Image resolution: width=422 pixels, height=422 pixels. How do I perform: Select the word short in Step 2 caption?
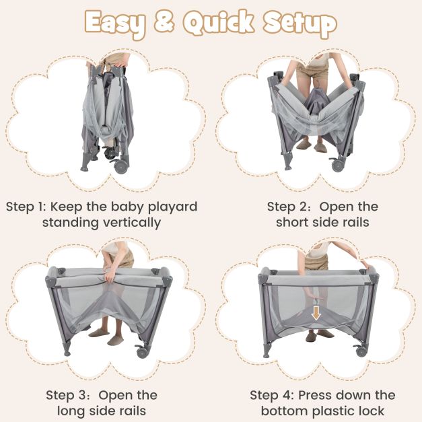click(x=293, y=222)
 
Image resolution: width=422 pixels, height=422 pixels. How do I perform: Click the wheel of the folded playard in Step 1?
click(x=120, y=166)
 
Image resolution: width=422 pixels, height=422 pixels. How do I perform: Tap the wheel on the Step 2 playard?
click(x=338, y=164)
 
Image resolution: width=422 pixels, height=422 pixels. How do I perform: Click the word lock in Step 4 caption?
click(x=371, y=411)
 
